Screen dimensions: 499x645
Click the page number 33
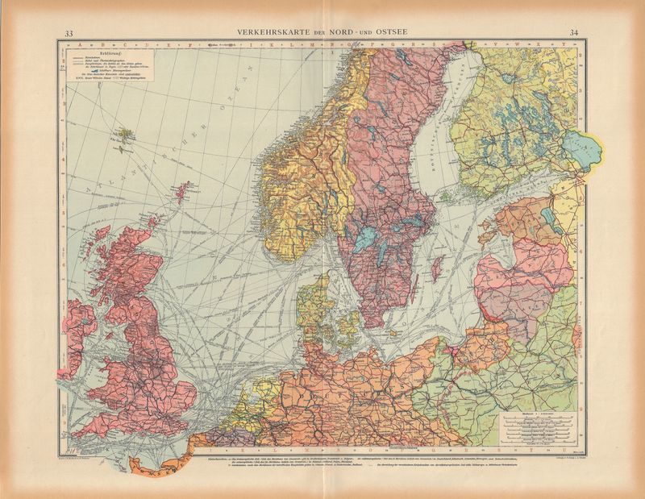click(69, 33)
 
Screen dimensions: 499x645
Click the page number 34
click(573, 33)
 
